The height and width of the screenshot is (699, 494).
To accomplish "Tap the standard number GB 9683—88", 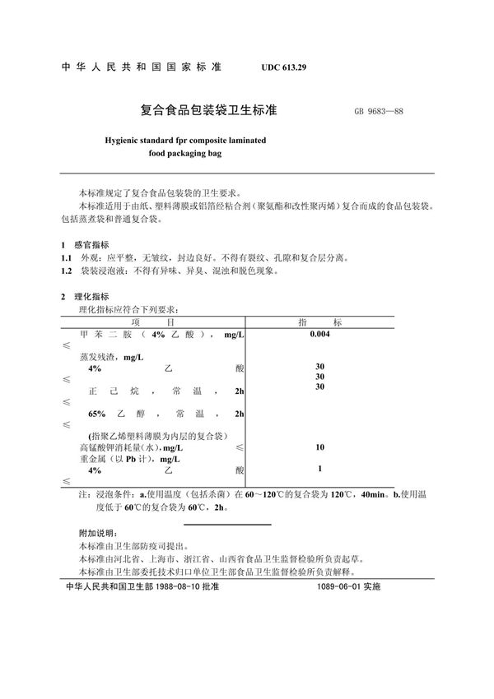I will pos(379,112).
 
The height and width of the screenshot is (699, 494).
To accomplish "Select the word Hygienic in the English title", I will pos(121,141).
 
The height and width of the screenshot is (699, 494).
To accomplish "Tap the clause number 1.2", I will pos(68,270).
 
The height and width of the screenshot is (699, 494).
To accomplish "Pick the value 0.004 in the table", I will pos(319,335).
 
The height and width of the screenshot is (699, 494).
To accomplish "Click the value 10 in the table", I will pos(319,447).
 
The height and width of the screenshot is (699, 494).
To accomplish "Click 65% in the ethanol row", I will pos(99,413).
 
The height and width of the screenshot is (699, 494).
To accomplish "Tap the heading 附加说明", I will pos(95,533).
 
